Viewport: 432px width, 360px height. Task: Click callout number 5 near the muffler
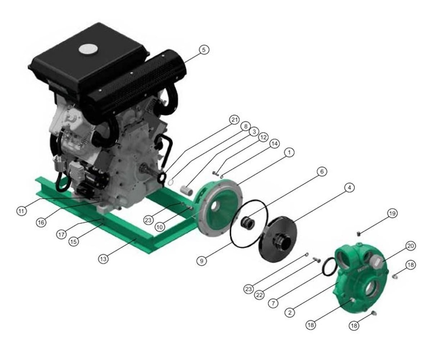[203, 50]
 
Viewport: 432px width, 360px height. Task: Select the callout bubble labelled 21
[235, 119]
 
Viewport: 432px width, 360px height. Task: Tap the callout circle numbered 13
[103, 259]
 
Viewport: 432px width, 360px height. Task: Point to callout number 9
[202, 261]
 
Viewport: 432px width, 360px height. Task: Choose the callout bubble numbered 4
[348, 188]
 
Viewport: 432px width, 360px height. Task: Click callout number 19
[392, 214]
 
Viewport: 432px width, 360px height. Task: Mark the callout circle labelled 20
[410, 246]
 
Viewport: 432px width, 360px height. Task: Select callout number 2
[289, 312]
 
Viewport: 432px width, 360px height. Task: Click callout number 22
[259, 295]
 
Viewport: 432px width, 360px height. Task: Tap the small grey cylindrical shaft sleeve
[186, 189]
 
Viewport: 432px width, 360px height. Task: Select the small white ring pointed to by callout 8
[170, 182]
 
